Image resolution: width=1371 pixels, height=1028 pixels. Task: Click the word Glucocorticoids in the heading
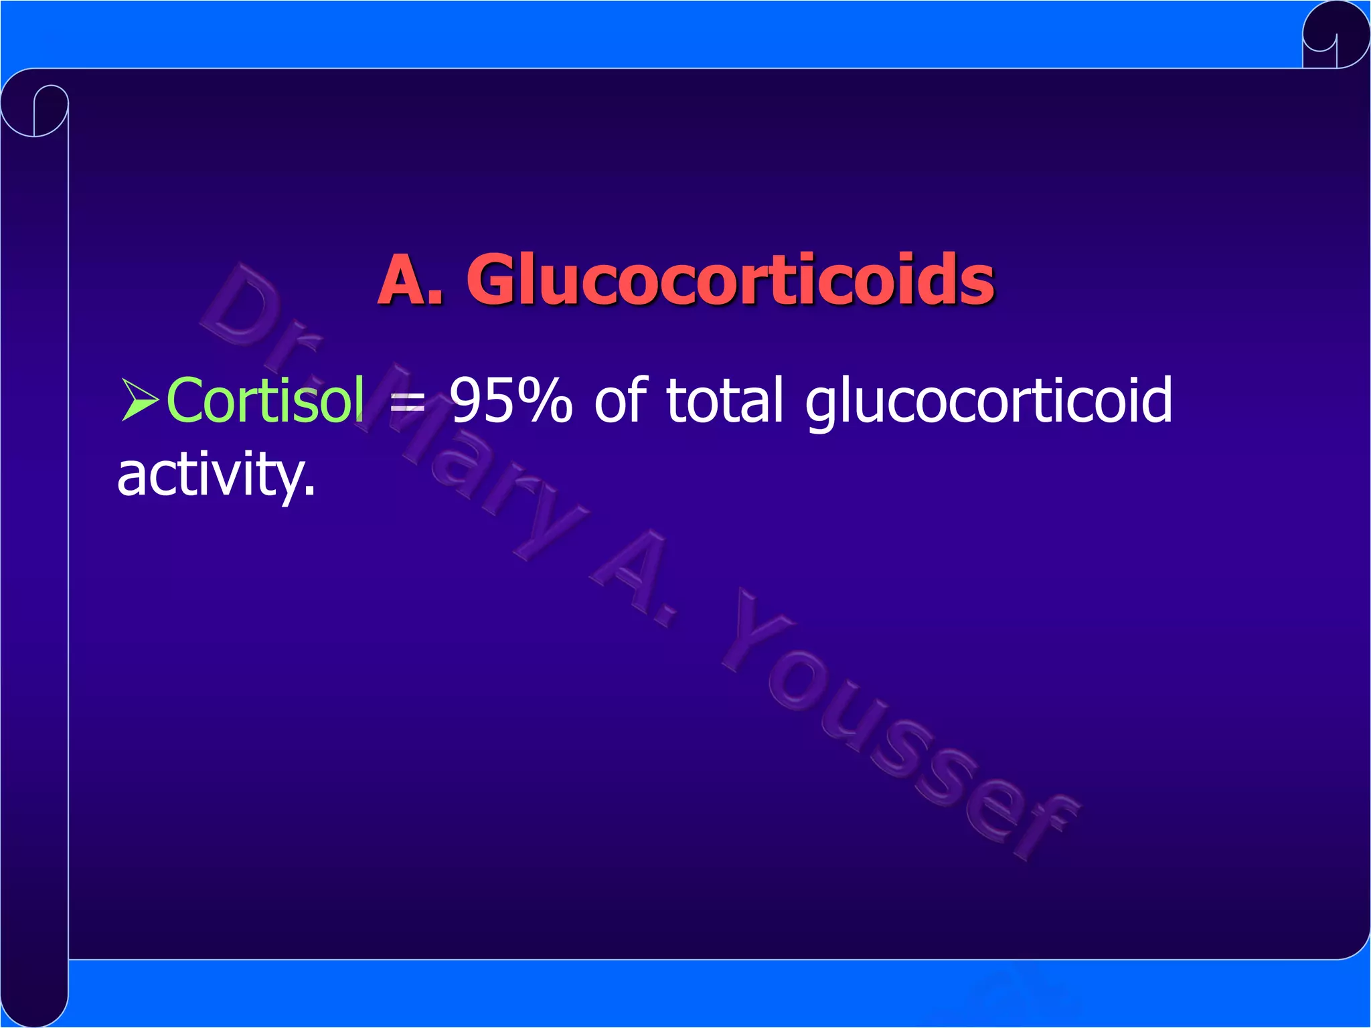730,280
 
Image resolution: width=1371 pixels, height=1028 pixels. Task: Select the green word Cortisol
265,400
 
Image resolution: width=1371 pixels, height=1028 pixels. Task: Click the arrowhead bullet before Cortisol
140,400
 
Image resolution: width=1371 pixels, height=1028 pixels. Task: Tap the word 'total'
724,400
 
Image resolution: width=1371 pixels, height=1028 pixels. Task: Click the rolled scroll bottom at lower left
35,997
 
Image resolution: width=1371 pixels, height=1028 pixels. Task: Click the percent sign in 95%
546,400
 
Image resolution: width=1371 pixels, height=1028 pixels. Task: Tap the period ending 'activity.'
309,493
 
